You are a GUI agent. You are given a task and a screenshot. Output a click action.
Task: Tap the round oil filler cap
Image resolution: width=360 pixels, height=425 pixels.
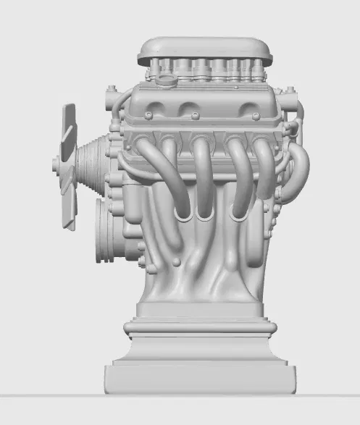pyautogui.click(x=167, y=80)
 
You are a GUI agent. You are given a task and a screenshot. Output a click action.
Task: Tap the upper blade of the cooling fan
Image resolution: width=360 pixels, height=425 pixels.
pyautogui.click(x=69, y=124)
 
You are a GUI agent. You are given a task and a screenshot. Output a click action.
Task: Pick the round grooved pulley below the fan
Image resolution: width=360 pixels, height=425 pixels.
pyautogui.click(x=106, y=230)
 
